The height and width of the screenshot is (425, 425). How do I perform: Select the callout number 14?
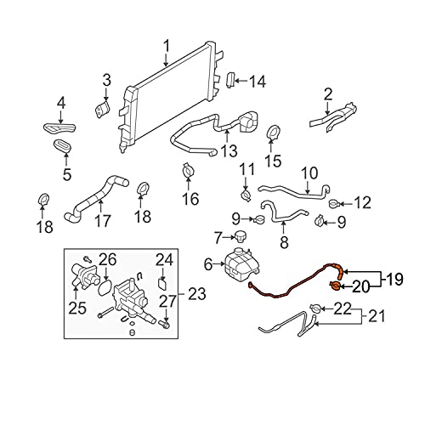pos(257,82)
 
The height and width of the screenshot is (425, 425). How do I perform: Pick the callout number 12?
pos(362,203)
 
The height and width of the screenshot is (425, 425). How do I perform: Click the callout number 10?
pos(309,172)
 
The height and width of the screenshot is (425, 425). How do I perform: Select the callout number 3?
pos(106,81)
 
